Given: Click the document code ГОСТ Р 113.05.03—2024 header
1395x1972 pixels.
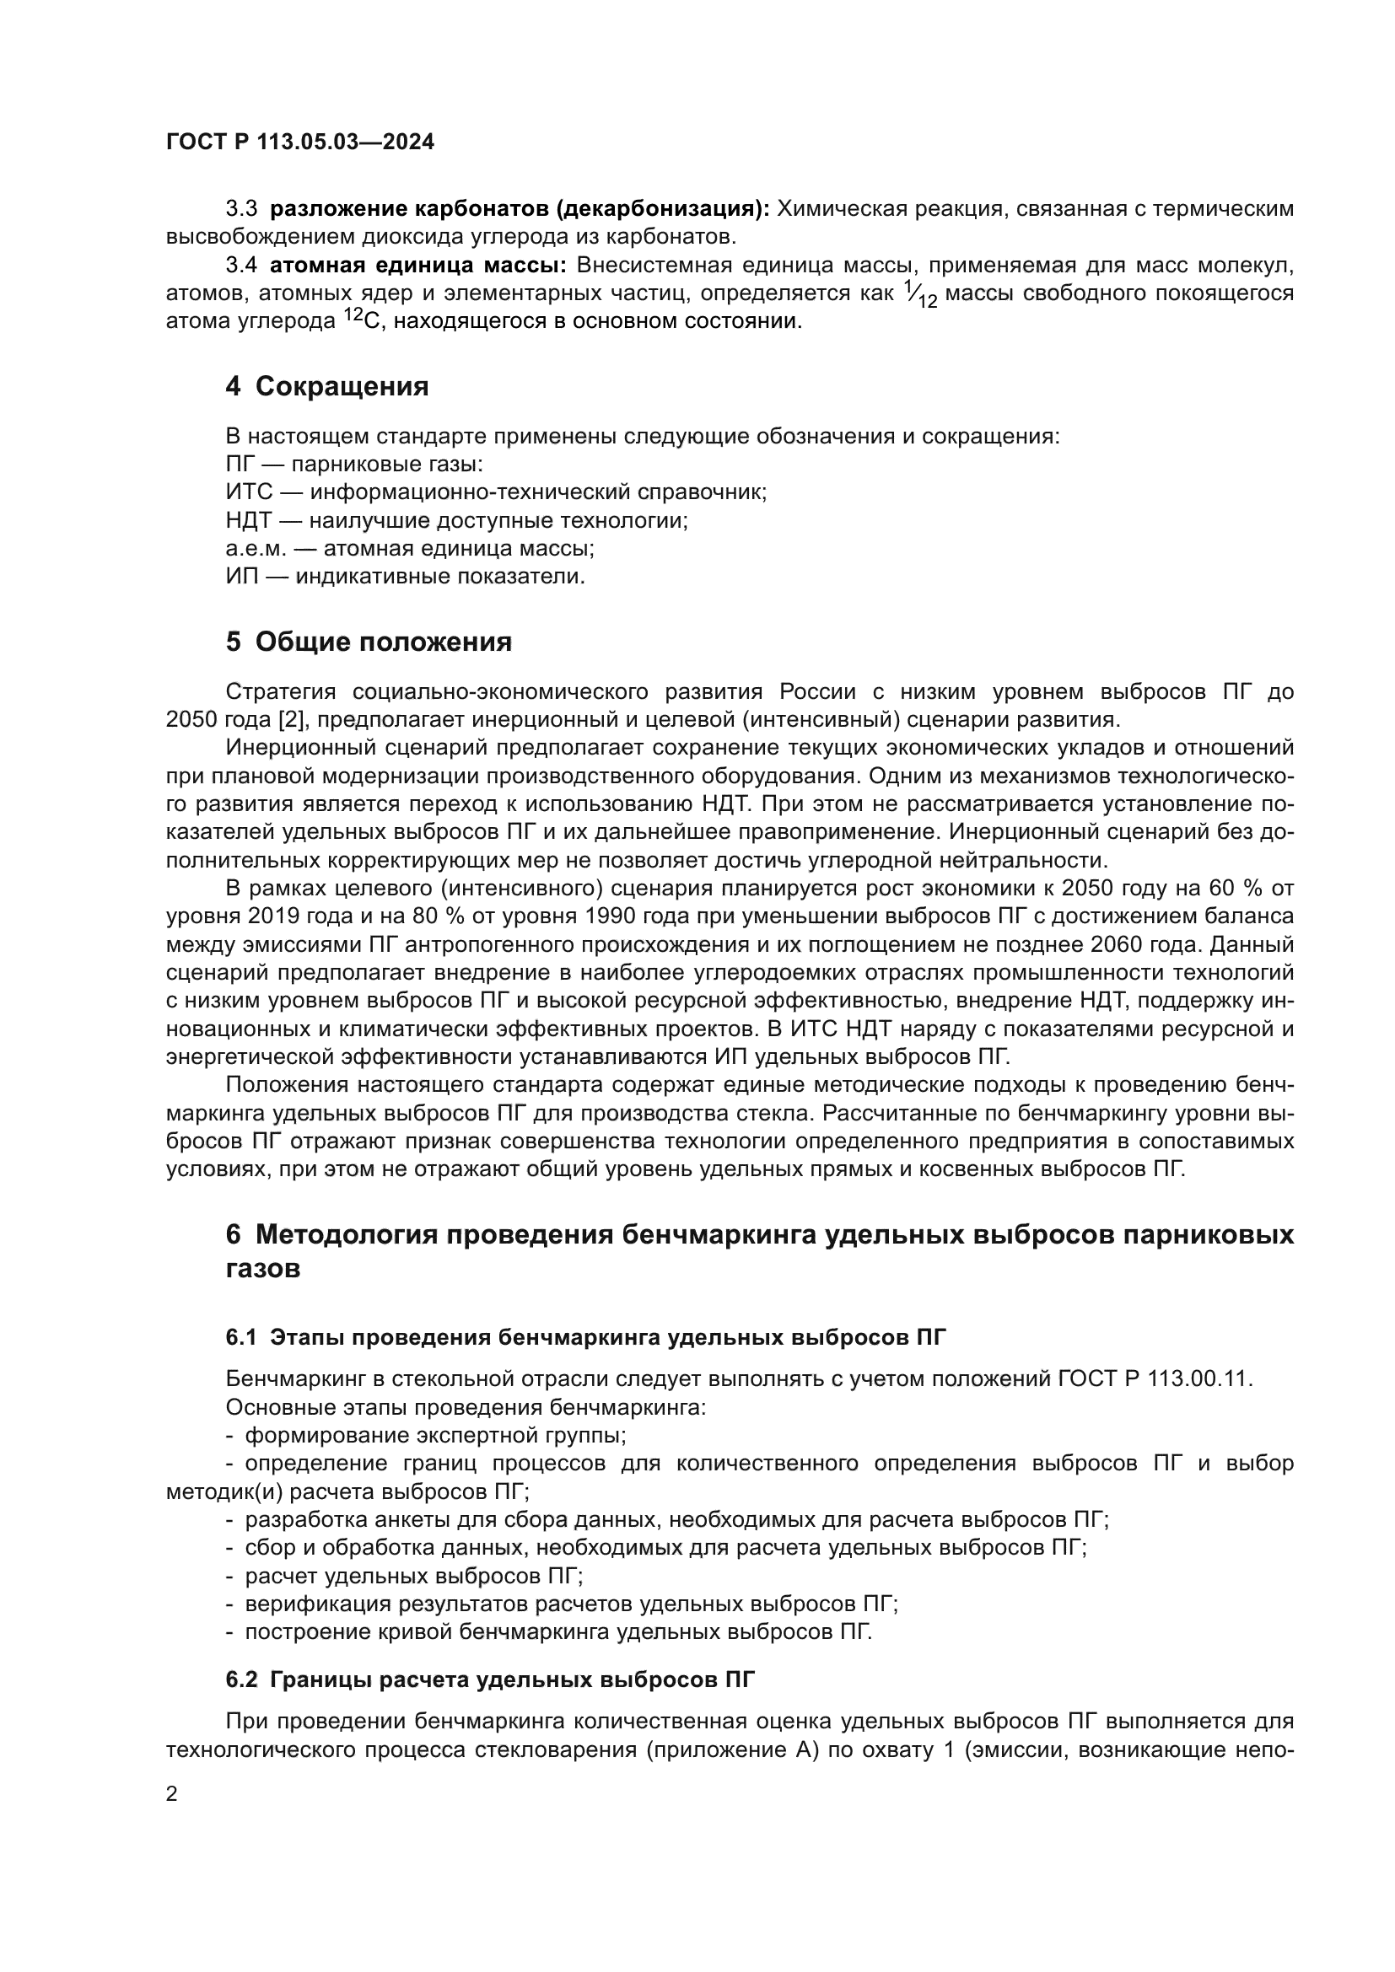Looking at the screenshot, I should click(x=299, y=142).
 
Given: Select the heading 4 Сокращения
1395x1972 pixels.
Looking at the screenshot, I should click(x=326, y=386).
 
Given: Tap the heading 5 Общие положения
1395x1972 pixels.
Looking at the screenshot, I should click(x=369, y=642).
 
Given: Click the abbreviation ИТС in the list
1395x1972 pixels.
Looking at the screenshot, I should click(x=249, y=492).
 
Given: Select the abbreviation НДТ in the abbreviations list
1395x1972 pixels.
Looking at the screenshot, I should click(x=249, y=520).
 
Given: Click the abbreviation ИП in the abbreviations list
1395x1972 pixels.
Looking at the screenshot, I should click(x=241, y=577).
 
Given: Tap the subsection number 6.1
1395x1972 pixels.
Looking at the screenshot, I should click(x=241, y=1337).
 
